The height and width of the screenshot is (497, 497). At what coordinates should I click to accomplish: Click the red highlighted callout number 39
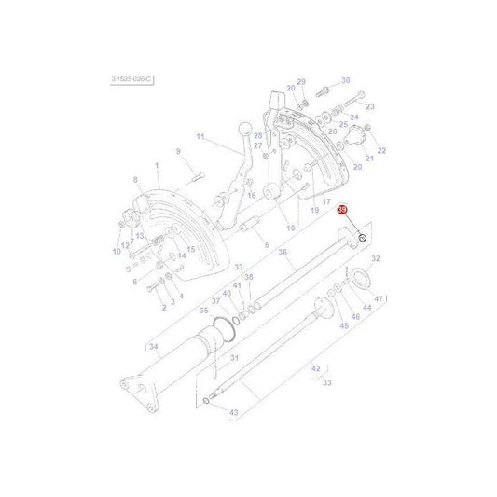342,211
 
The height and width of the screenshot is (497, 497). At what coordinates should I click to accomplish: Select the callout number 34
154,347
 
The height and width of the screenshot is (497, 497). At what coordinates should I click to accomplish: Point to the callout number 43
233,413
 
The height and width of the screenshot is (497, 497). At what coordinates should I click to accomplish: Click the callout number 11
199,137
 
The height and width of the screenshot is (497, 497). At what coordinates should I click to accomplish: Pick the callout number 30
345,80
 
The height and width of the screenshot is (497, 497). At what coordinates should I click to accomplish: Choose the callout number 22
380,150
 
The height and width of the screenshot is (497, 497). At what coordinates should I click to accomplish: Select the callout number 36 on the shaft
282,252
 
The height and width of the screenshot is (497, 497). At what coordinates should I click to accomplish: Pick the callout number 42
316,368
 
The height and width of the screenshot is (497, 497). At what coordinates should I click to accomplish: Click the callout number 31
235,359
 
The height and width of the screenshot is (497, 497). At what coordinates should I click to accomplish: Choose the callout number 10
116,251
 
